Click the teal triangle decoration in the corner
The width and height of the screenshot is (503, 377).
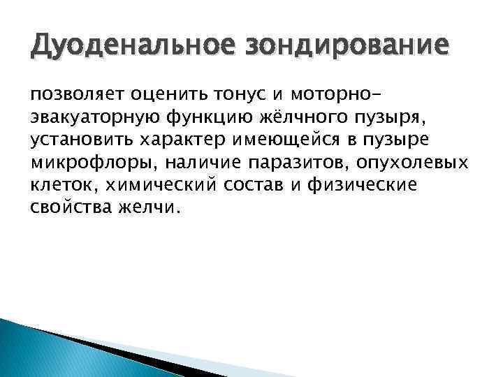pyautogui.click(x=42, y=353)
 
